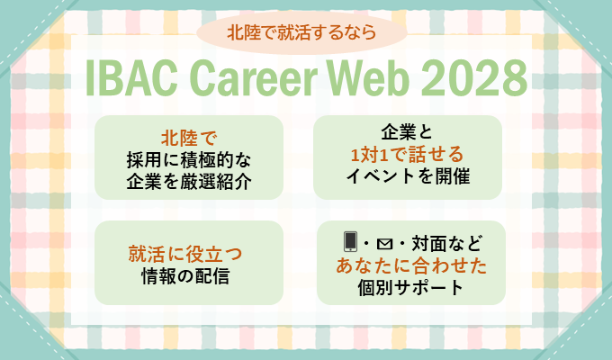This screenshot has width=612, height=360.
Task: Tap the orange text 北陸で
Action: click(x=189, y=139)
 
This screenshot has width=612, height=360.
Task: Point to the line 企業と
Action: click(x=408, y=129)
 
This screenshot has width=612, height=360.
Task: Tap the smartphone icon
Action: click(x=350, y=241)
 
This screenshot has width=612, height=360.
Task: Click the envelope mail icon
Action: click(x=388, y=242)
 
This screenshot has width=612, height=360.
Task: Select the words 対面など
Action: click(x=446, y=242)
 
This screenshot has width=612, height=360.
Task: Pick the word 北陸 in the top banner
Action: click(x=241, y=34)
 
